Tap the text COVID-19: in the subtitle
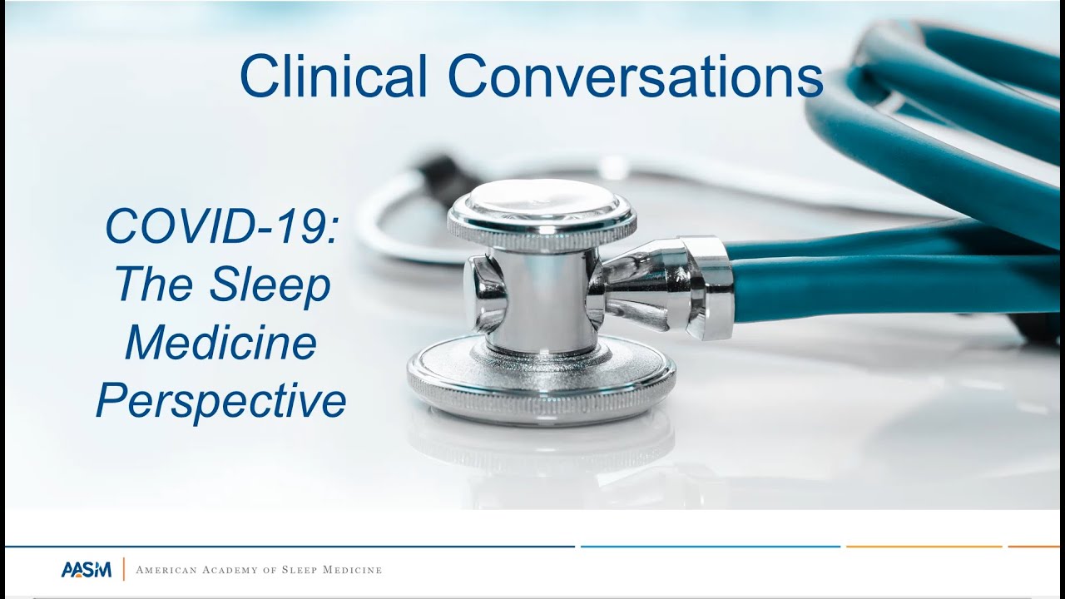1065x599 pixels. [x=221, y=226]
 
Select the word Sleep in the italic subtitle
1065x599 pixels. [x=270, y=285]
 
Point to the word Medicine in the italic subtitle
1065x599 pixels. [x=221, y=343]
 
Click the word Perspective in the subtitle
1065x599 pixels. [x=221, y=402]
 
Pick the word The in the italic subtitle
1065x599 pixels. [x=153, y=285]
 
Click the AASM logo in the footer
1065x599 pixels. [x=86, y=570]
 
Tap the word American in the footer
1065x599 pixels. [x=169, y=571]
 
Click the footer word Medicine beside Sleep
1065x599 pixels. [x=350, y=571]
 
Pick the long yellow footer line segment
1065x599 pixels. [x=924, y=547]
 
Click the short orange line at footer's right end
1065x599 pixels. [x=1033, y=547]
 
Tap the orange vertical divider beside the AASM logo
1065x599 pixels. [x=124, y=570]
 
